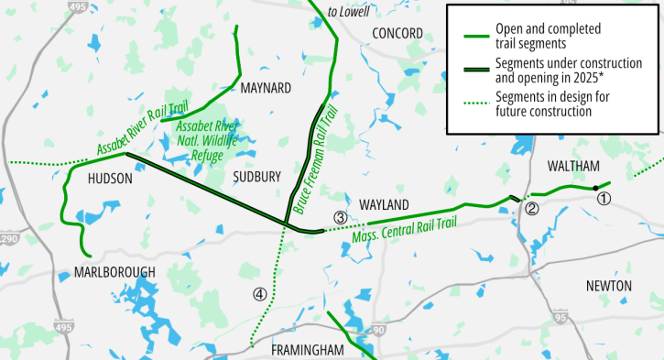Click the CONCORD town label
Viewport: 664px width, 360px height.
pos(398,34)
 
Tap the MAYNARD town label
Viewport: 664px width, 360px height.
pos(265,88)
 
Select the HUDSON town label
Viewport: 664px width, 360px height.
pos(111,180)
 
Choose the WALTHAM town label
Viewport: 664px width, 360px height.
pos(572,166)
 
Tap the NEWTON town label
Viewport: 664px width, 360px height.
pos(608,286)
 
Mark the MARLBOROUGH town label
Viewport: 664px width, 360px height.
pos(116,272)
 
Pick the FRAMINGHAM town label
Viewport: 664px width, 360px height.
pos(307,351)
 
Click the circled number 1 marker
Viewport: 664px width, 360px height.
pos(602,197)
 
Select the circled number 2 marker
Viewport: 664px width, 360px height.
pos(531,209)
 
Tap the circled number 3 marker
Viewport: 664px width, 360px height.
pos(340,218)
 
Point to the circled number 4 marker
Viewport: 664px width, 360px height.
pos(260,294)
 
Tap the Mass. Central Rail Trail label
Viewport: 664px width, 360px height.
pos(404,229)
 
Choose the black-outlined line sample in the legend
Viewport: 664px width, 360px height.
pos(474,71)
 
